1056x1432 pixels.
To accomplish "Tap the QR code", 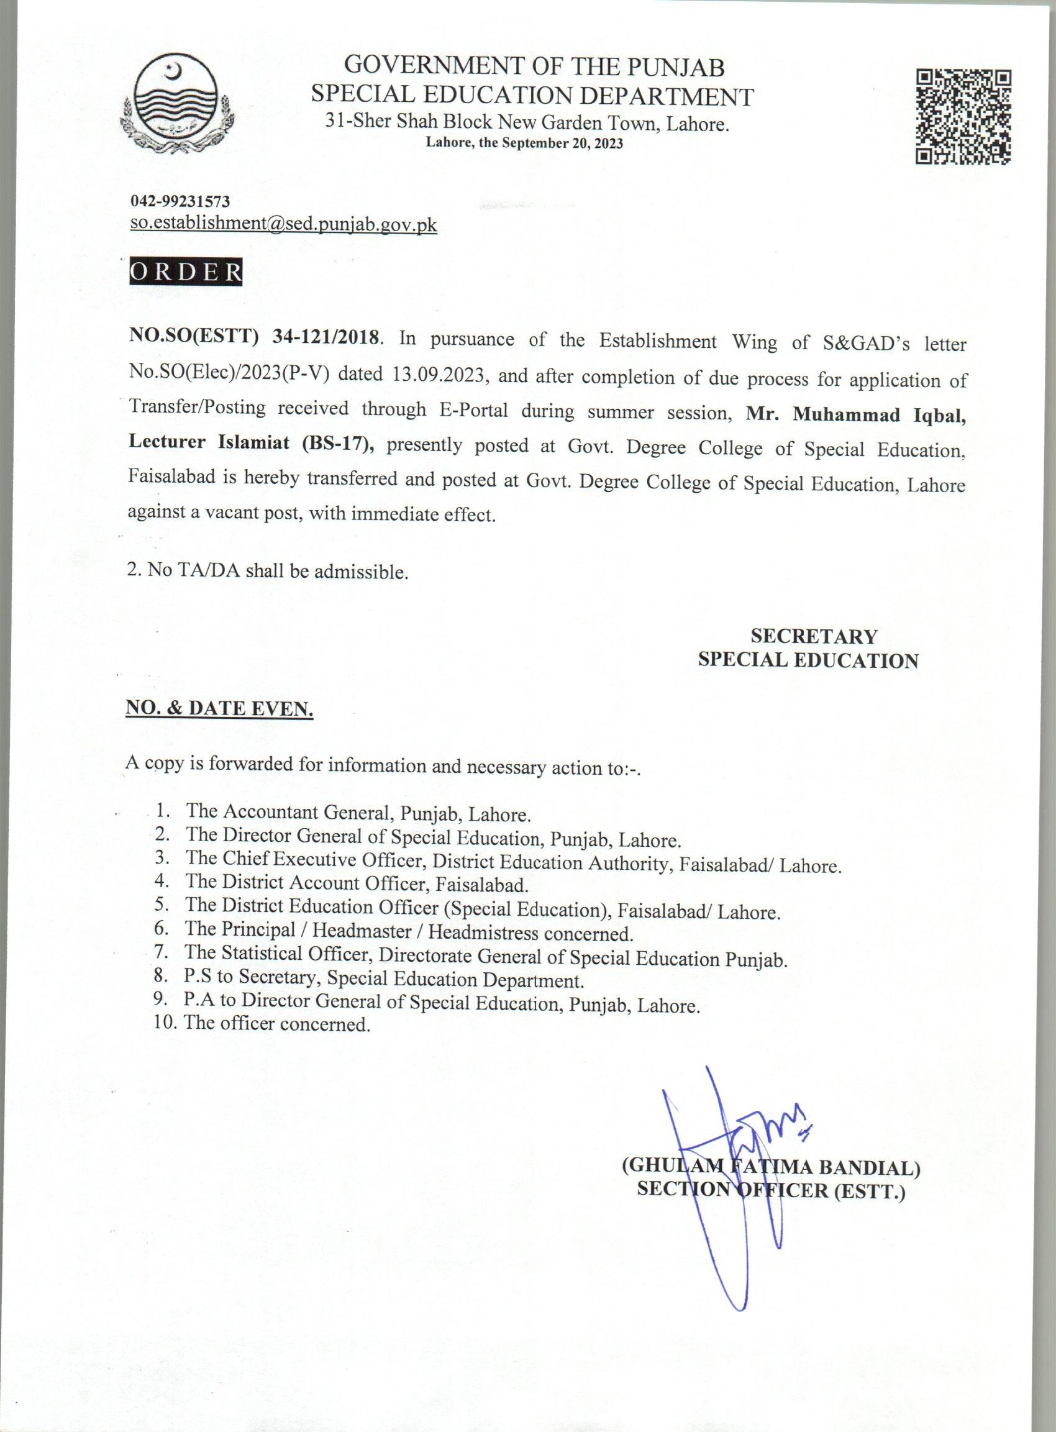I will (963, 117).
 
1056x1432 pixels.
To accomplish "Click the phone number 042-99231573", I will (180, 201).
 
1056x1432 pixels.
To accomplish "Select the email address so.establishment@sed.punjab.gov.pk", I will (283, 224).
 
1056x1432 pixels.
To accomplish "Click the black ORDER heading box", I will (185, 271).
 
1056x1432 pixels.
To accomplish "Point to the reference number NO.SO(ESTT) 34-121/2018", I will (255, 337).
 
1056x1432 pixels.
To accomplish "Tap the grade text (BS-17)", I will (337, 444).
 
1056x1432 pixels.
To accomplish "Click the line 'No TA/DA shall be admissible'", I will (267, 570).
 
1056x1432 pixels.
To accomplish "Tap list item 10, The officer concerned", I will (276, 1023).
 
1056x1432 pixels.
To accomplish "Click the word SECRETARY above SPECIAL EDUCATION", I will (814, 636).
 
